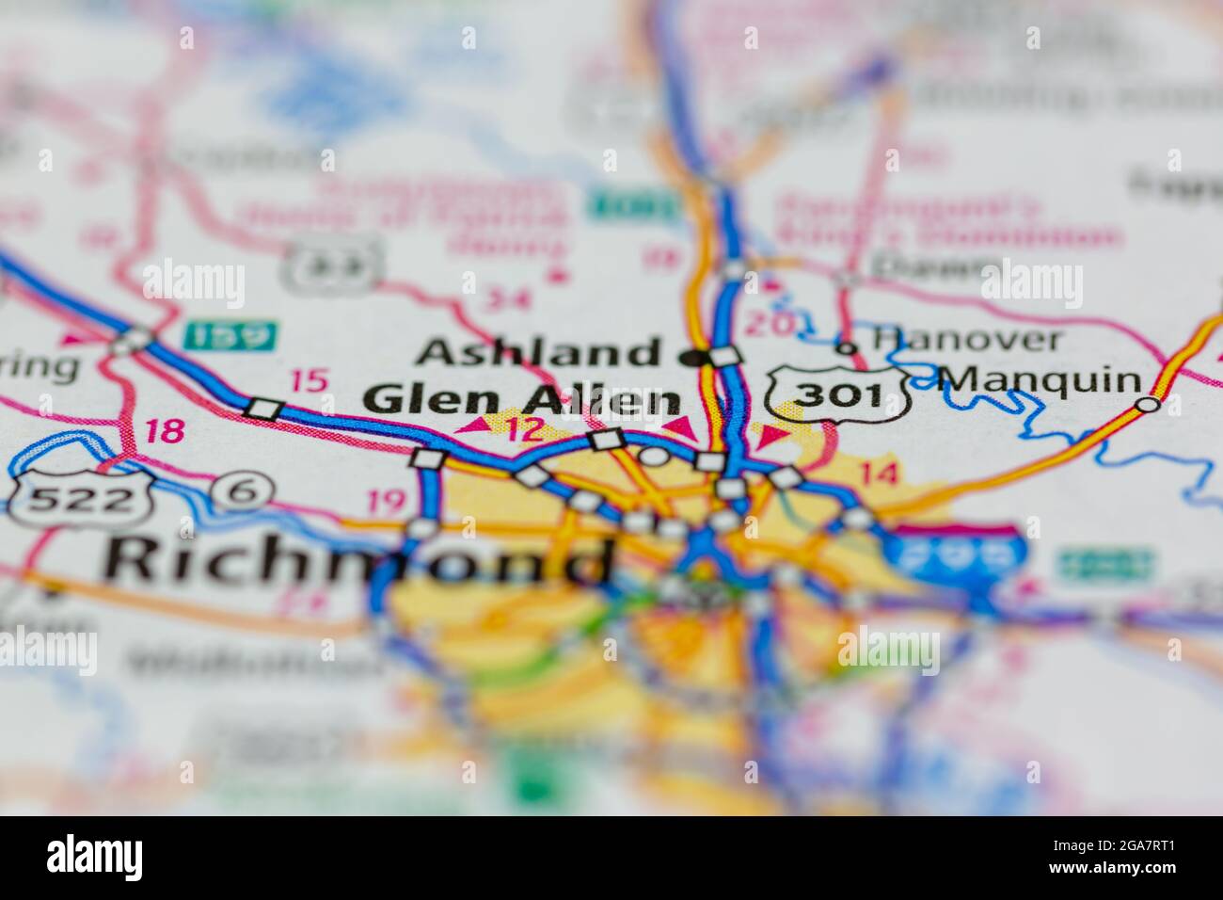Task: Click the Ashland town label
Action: (538, 354)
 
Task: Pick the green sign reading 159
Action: (230, 333)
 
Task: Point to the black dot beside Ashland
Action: (695, 357)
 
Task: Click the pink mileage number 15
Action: (309, 381)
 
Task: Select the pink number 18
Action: (165, 432)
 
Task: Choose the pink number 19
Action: (388, 502)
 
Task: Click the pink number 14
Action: (878, 474)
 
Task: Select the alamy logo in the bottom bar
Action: (95, 858)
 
